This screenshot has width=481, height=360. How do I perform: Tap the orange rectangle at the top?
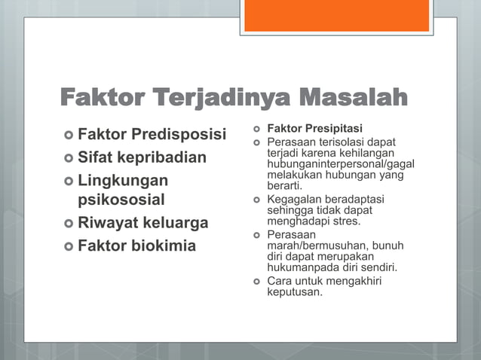pos(337,15)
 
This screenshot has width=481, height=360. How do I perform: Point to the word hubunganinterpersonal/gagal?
pos(341,164)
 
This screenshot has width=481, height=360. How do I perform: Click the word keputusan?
pos(295,291)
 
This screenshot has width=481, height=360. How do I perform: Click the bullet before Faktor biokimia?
pos(68,246)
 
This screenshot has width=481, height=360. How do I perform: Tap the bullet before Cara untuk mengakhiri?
pos(256,281)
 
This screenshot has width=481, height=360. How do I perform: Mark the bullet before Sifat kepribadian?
pos(68,158)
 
